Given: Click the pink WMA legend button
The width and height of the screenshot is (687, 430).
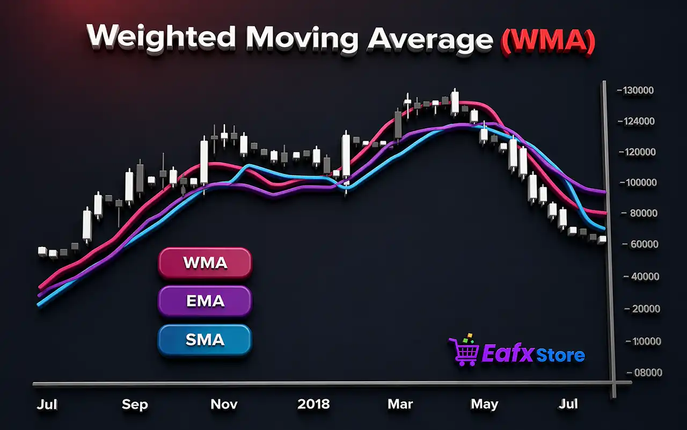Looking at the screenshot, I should pos(204,263).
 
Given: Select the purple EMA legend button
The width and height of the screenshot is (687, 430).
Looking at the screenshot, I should pos(204,301).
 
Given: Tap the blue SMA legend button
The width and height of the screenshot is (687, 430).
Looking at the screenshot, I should pos(204,340).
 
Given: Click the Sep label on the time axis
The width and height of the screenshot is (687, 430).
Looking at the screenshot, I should pos(135,404).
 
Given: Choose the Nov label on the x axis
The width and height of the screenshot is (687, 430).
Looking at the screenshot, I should pos(224,404).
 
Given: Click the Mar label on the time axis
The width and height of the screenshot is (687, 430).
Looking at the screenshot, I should pos(400,404).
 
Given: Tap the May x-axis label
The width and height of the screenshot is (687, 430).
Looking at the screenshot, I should pos(484,404).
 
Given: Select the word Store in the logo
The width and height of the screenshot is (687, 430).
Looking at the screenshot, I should pos(562,355).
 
